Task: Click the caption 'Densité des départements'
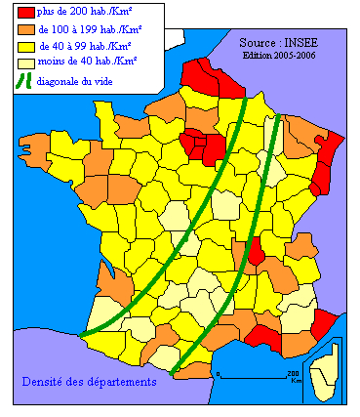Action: pyautogui.click(x=89, y=382)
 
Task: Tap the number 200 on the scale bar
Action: pyautogui.click(x=292, y=374)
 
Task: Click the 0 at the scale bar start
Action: pyautogui.click(x=219, y=374)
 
